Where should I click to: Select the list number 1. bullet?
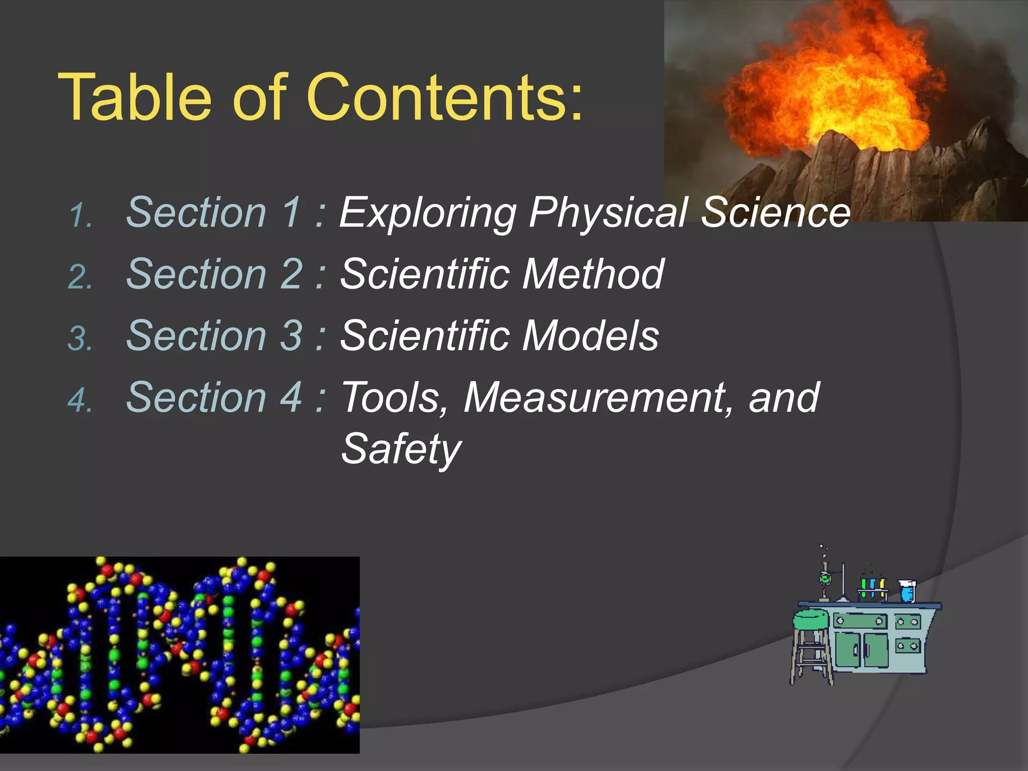click(80, 216)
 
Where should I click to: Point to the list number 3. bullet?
click(80, 339)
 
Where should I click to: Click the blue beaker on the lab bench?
click(907, 591)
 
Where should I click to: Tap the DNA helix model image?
click(180, 655)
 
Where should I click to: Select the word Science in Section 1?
click(776, 213)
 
